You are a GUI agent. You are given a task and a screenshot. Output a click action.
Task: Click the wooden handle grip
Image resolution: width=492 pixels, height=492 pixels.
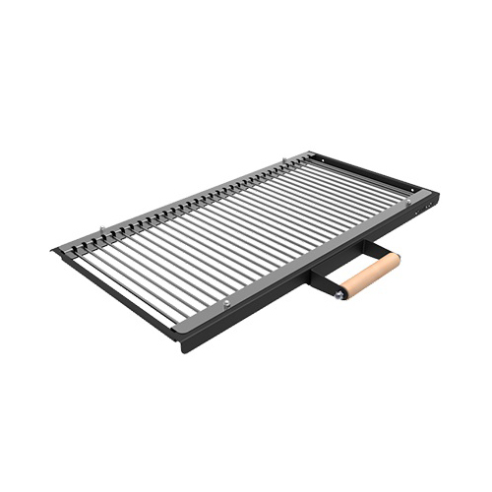[x=368, y=275]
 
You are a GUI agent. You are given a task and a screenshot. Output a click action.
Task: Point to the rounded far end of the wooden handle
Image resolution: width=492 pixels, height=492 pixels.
[x=396, y=259]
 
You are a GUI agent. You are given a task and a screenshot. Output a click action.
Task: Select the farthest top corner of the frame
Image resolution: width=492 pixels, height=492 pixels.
[x=313, y=152]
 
